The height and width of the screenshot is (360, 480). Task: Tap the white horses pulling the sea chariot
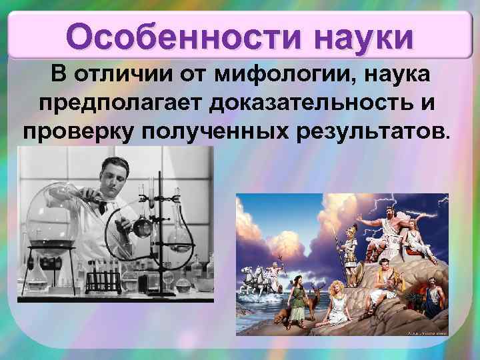(x=257, y=273)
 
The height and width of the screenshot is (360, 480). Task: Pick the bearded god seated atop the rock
(x=387, y=226)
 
